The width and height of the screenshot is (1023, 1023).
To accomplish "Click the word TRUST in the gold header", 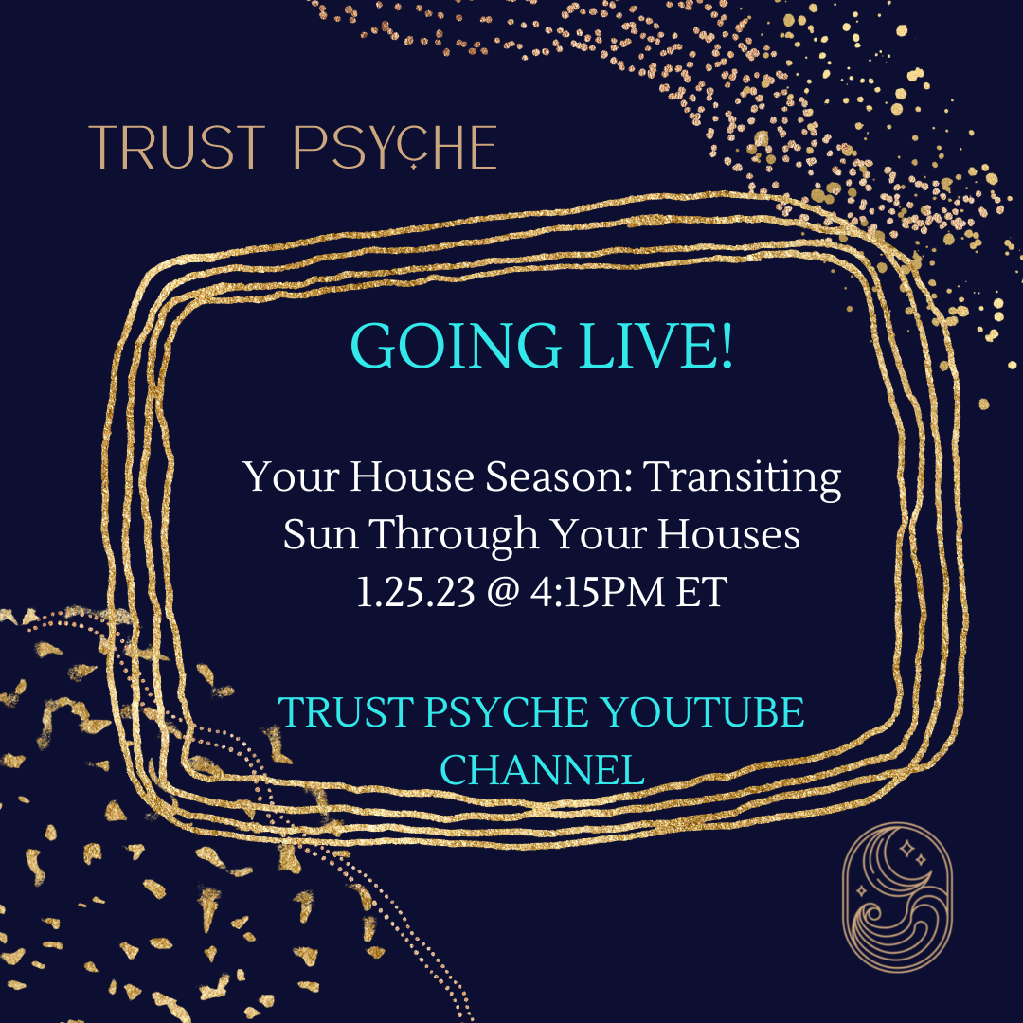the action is [177, 148].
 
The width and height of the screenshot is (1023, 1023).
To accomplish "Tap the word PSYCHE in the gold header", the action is [395, 148].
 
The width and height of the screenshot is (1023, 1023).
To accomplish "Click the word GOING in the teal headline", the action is [456, 345].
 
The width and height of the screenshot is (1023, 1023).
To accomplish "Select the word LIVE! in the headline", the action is [655, 345].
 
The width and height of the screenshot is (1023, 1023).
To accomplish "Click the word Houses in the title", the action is [728, 533].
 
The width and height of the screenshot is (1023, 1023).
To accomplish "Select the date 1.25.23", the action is [416, 592].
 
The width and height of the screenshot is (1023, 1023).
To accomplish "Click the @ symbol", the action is [502, 593].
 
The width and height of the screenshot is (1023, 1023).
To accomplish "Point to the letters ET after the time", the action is [701, 592].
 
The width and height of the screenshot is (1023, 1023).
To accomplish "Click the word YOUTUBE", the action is [702, 711].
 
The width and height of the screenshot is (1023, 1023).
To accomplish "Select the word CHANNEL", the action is [542, 770].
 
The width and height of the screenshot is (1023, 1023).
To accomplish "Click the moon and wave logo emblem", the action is [897, 897].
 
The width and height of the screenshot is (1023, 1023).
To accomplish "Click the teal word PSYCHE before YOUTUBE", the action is [507, 711].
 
